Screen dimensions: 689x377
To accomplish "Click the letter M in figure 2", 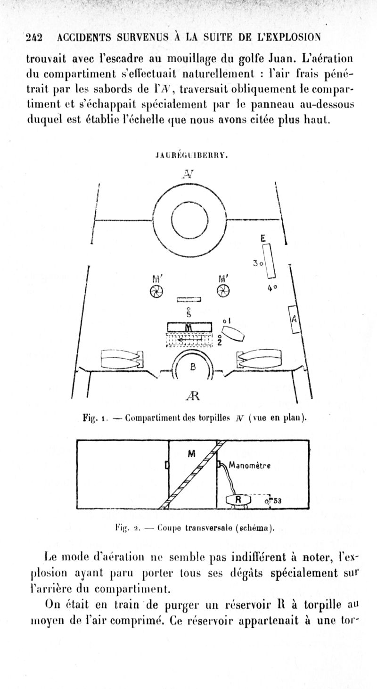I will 191,453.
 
